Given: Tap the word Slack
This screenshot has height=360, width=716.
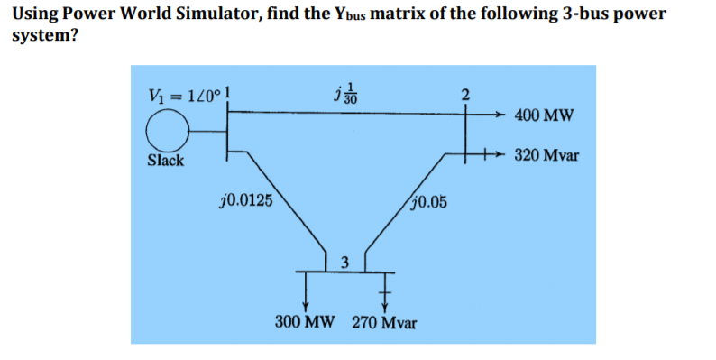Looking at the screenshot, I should (x=166, y=161).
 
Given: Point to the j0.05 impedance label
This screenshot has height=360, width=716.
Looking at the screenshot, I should (x=427, y=200).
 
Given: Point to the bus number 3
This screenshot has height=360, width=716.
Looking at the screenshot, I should (x=344, y=263).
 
